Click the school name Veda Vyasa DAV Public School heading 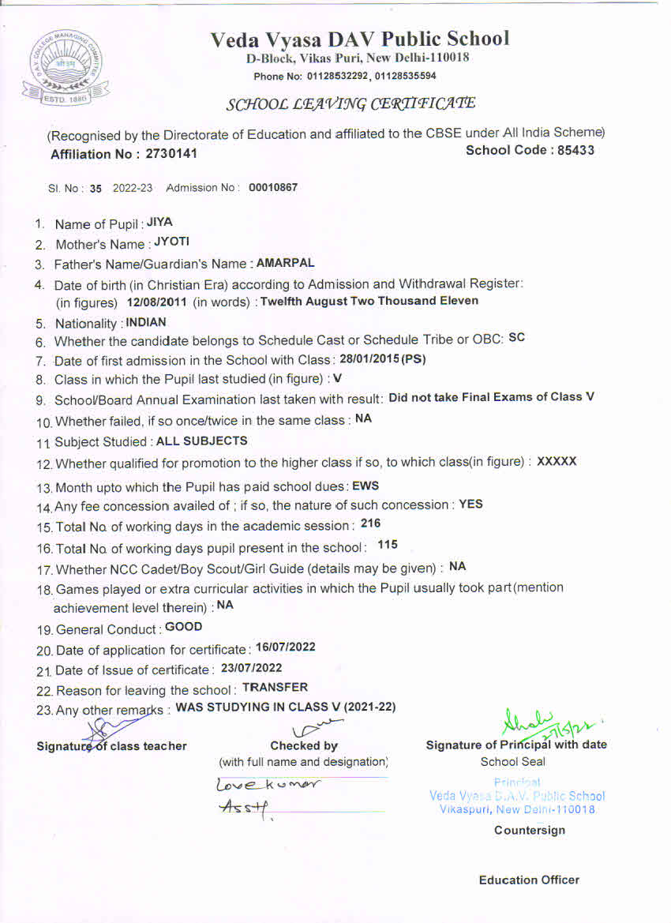tap(360, 39)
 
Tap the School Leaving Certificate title tap(351, 103)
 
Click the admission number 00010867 tap(273, 187)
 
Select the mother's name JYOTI tap(171, 242)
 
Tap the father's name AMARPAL tap(285, 262)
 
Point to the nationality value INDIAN tap(146, 322)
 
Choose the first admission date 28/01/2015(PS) tap(382, 359)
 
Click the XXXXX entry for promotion tap(557, 461)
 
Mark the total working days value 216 tap(370, 523)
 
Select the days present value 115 tap(387, 544)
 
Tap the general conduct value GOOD tap(183, 627)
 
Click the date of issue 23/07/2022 tap(251, 668)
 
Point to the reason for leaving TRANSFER tap(275, 688)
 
